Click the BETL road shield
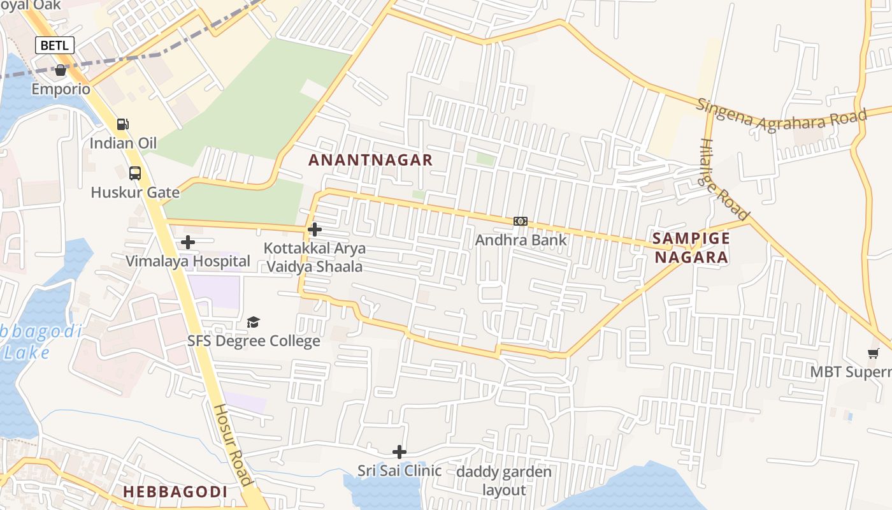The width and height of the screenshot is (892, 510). [x=54, y=45]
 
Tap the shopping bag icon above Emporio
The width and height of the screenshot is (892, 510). [x=61, y=70]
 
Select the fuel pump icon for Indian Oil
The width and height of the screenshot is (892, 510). [x=122, y=124]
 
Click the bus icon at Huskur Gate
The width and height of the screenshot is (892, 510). [x=134, y=173]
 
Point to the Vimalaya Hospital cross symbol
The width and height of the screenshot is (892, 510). [x=187, y=242]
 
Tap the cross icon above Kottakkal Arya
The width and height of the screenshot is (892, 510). [x=314, y=229]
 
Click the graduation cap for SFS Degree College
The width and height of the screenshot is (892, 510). [x=253, y=322]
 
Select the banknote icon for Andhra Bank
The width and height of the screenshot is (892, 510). [x=521, y=221]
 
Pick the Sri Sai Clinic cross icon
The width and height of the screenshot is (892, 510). [x=399, y=452]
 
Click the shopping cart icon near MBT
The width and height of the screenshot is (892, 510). [x=873, y=353]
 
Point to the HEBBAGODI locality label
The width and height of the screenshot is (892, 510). [x=175, y=492]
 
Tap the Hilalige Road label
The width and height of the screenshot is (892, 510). [x=724, y=179]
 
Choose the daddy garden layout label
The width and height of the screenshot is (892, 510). [x=504, y=481]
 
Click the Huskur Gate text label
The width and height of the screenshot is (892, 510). [x=134, y=192]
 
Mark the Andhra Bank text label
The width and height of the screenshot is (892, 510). [x=521, y=240]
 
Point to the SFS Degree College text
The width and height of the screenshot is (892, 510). [x=253, y=341]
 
